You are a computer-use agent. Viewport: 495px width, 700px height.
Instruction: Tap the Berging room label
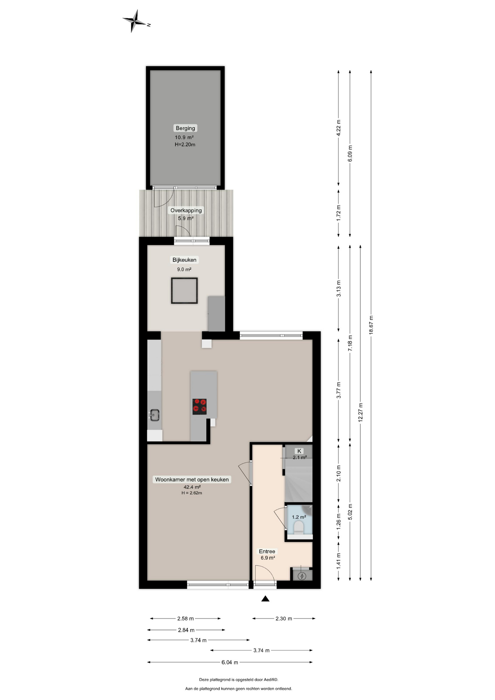coord(185,128)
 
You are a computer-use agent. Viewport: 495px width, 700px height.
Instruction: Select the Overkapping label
coord(186,210)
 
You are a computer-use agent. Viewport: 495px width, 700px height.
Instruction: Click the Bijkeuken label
coord(184,260)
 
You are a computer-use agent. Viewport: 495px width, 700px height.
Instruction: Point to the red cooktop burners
coord(199,407)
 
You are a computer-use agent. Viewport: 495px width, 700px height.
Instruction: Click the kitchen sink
coord(155,415)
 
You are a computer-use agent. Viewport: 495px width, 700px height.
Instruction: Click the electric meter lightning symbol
coord(302,576)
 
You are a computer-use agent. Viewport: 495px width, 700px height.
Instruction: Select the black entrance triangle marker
coord(265,598)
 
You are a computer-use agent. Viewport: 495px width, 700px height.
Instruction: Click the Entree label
coord(267,551)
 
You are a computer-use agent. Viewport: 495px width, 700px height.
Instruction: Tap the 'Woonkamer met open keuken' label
coord(192,479)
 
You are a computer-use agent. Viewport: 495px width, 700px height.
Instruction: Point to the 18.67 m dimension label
coord(371,325)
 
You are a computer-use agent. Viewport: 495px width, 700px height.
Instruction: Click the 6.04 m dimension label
coord(230,662)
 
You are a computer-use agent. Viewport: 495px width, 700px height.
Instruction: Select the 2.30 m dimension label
coord(284,618)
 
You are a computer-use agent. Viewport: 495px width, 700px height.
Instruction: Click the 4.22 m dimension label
coord(338,128)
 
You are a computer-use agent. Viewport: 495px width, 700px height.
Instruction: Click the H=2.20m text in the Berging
coord(185,144)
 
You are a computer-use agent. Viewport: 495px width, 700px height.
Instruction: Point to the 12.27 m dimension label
coord(360,412)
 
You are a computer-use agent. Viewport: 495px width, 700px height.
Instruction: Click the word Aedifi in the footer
coord(269,679)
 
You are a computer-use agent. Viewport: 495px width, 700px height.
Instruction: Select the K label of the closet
coord(299,451)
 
